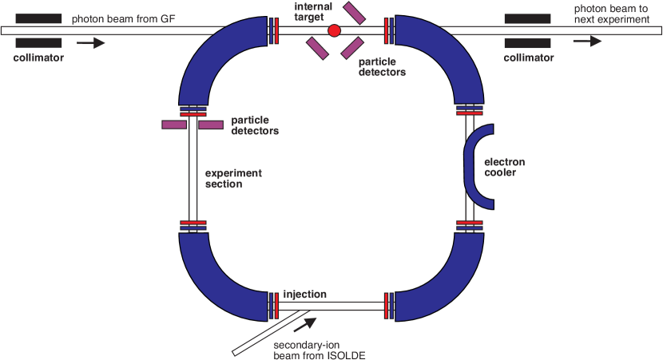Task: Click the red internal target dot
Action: (334, 30)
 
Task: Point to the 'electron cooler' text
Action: (505, 167)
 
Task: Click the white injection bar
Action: (331, 306)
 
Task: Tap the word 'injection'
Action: (305, 294)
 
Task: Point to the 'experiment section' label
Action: (233, 179)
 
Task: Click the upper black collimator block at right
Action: (527, 18)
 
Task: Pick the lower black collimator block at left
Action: (38, 42)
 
